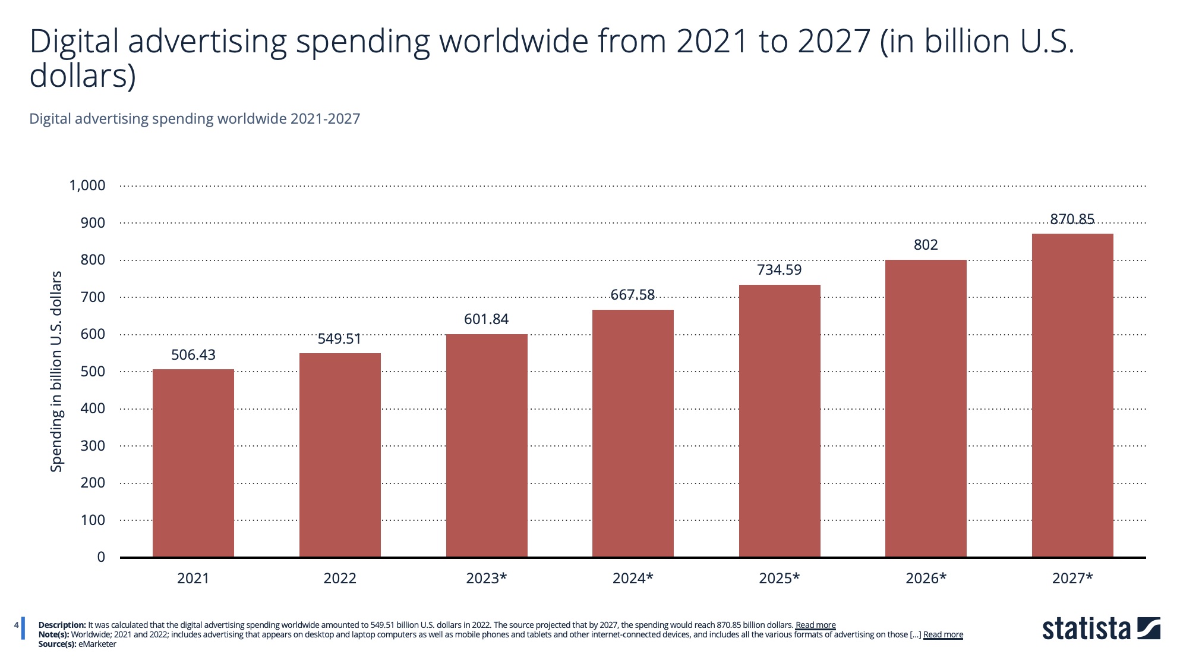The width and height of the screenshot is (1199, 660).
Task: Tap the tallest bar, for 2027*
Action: coord(1072,395)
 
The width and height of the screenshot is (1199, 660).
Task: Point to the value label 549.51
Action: coord(339,339)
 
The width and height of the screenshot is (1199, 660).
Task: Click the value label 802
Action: coord(926,245)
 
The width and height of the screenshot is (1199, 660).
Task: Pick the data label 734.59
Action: coord(779,270)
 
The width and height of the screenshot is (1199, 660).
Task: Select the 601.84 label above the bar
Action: coord(486,319)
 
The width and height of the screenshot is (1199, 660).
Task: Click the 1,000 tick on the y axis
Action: coord(87,186)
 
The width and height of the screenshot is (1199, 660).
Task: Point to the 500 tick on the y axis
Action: coord(93,372)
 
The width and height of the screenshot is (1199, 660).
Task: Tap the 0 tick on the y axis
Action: coord(101,557)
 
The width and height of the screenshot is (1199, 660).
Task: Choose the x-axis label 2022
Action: coord(339,578)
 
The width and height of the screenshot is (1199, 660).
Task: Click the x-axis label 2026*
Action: coord(926,578)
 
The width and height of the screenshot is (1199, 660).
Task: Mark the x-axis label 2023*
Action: coord(486,578)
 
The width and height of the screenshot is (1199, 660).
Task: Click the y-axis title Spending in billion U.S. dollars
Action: coord(56,372)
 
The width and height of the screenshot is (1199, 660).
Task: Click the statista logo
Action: coord(1101,629)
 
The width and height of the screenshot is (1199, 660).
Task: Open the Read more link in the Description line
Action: coord(815,625)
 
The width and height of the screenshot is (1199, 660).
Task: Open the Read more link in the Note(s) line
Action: coord(943,634)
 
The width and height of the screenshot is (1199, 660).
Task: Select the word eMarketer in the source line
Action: coord(97,644)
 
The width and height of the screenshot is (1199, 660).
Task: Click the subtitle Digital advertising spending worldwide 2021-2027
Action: coord(195,119)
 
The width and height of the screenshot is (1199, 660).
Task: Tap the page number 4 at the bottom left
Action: coord(17,625)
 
